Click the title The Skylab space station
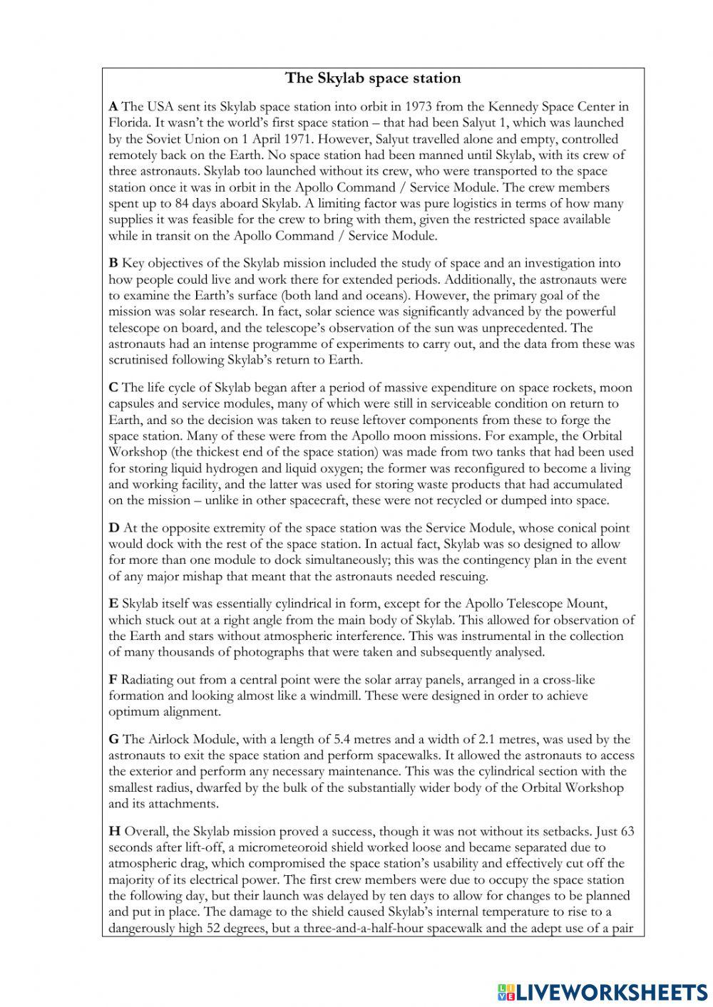point(373,78)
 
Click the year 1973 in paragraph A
point(419,107)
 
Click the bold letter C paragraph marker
point(113,388)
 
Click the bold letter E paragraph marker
point(113,604)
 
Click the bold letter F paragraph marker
point(113,680)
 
